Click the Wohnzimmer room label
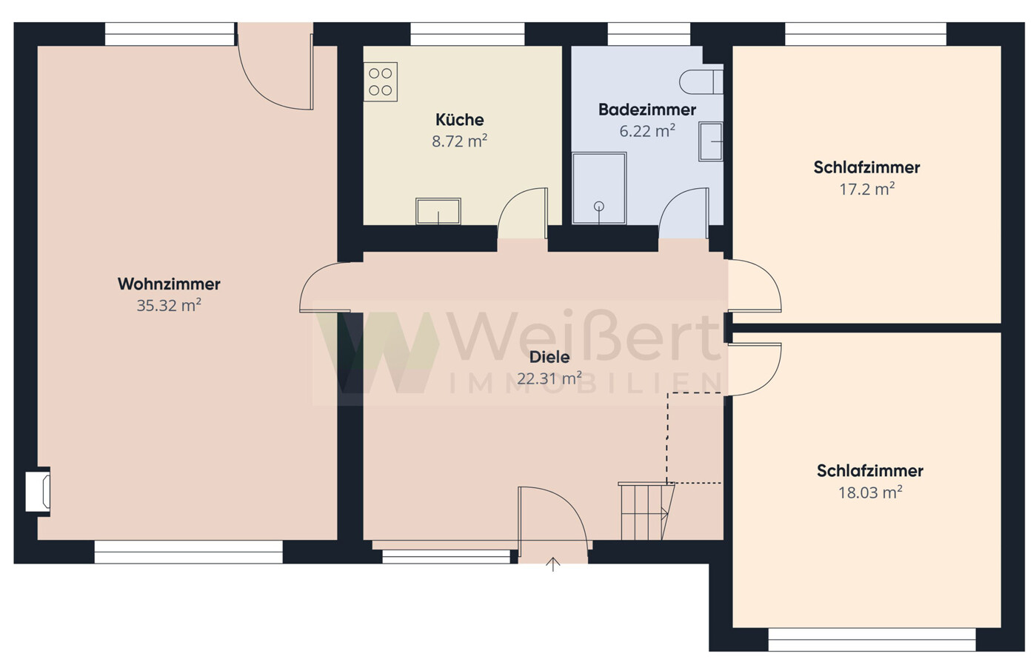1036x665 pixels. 169,284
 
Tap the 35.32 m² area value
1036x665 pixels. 169,305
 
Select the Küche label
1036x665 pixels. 460,120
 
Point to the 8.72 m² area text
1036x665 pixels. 460,141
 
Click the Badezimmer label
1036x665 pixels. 647,110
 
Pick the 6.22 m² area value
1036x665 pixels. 647,131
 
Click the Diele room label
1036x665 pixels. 549,357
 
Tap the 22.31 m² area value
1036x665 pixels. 549,378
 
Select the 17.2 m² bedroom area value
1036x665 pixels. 867,189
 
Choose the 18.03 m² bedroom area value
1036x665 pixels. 870,492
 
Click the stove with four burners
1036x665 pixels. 381,82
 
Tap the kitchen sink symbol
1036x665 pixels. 438,211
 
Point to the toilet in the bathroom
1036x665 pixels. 701,82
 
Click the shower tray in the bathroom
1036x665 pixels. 599,188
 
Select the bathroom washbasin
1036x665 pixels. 711,141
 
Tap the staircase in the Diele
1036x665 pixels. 646,511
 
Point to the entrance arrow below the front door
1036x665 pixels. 553,564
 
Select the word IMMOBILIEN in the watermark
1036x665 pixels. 586,384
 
